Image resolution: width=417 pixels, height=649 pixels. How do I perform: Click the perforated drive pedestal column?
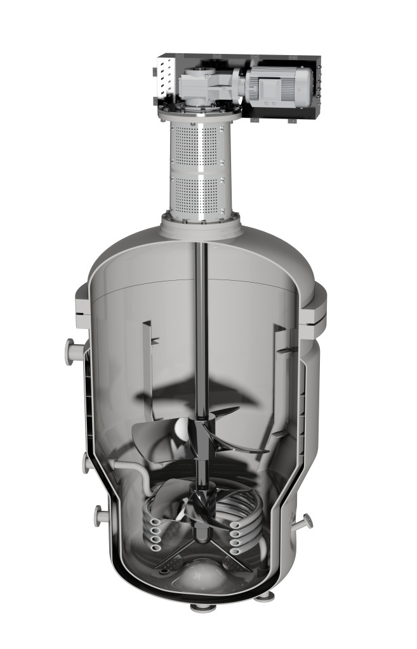coord(201,167)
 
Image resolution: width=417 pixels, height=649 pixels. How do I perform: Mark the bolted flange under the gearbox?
coord(201,114)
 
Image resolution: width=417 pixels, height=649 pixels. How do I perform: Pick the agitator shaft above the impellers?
coord(201,317)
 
